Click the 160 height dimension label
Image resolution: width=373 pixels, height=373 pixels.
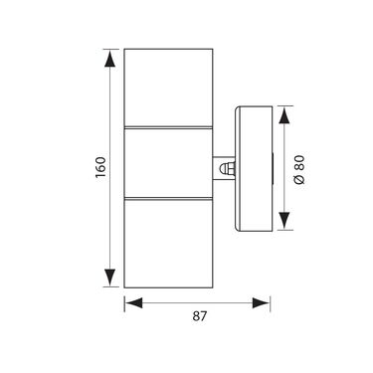(x=100, y=167)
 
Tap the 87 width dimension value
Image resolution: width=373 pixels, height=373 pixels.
(x=200, y=316)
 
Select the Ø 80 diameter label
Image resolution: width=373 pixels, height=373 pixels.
(x=299, y=169)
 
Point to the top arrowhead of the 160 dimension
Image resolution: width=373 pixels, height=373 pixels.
(x=109, y=59)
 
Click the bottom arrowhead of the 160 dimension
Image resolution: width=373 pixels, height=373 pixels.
(x=109, y=278)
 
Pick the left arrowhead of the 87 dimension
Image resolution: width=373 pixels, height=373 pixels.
(x=133, y=303)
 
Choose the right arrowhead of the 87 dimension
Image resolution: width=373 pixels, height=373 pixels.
(x=261, y=303)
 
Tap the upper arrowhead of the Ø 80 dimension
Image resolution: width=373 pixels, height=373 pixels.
(x=284, y=115)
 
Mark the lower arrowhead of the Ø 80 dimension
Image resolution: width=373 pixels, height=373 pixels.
(x=284, y=221)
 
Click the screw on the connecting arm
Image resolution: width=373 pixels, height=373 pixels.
(x=228, y=168)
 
